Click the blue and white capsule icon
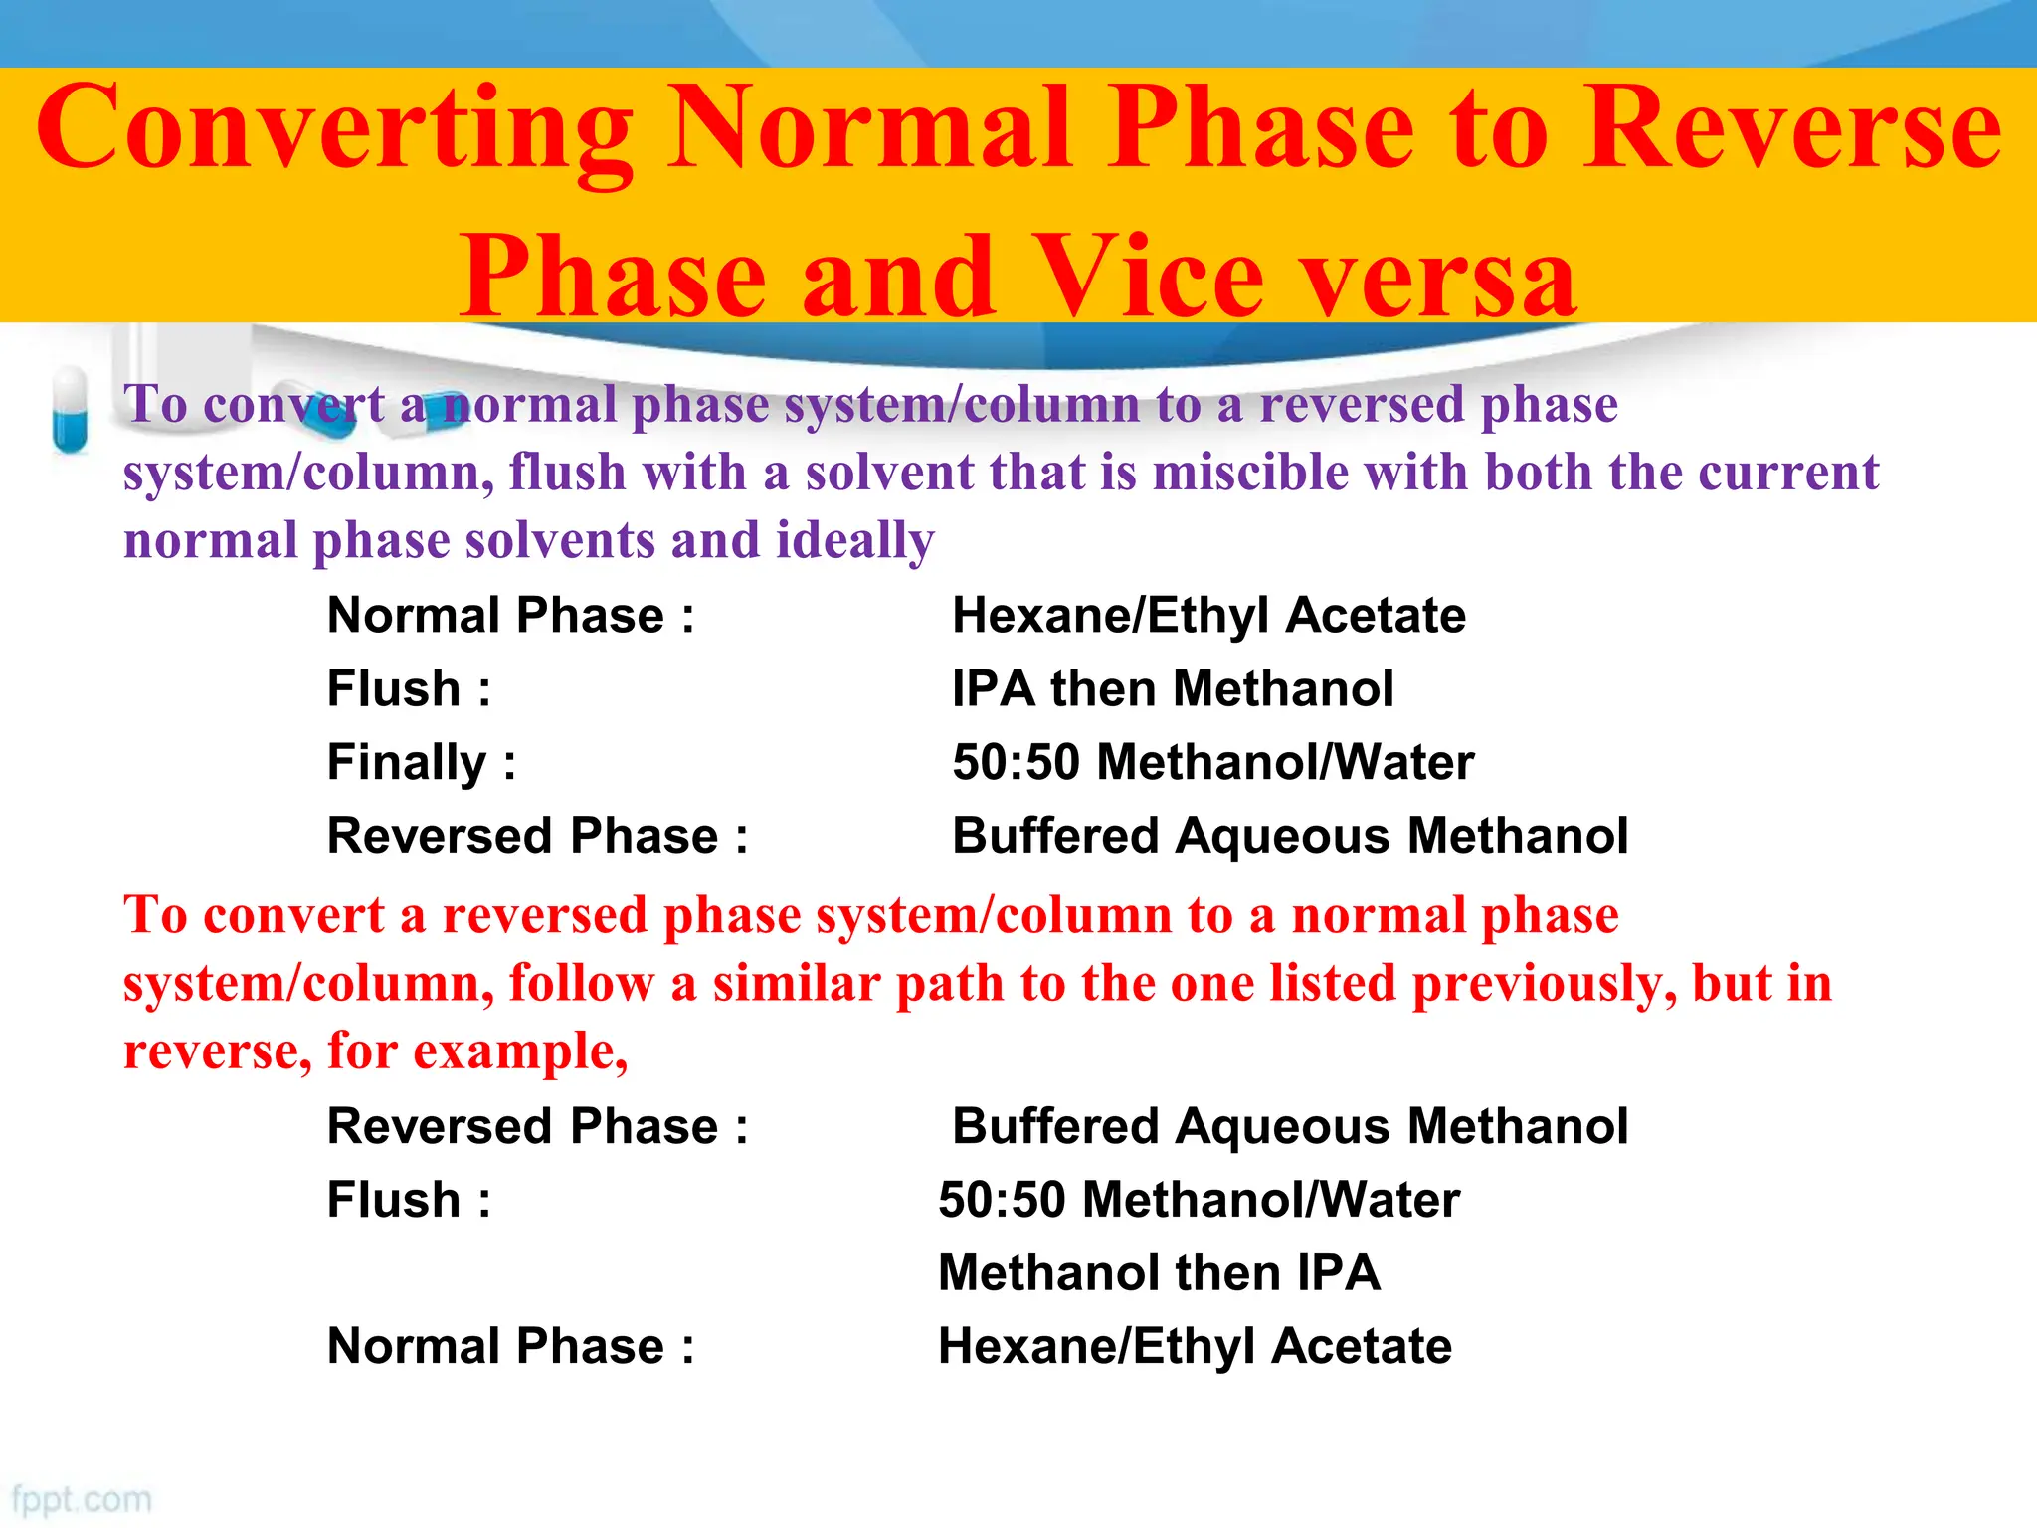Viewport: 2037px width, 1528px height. point(70,410)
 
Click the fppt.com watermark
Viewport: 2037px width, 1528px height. point(82,1499)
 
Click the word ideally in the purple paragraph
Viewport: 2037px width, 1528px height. point(855,541)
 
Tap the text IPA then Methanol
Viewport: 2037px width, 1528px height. point(1173,688)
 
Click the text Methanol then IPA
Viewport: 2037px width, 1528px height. point(1159,1272)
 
